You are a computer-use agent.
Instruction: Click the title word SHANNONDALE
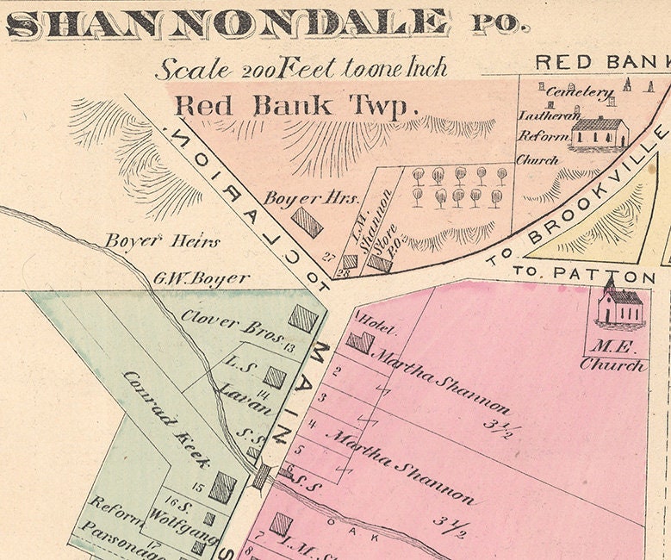(228, 23)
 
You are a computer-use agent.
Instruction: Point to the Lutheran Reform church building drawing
(600, 133)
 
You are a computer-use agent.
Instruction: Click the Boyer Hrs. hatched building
(308, 222)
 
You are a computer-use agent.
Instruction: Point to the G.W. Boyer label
(202, 278)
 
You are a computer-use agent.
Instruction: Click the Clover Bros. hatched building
(303, 319)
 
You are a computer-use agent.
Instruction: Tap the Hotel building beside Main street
(360, 342)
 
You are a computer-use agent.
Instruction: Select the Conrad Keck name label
(166, 420)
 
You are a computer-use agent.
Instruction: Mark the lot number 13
(289, 347)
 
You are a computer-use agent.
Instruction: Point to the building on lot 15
(223, 487)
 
